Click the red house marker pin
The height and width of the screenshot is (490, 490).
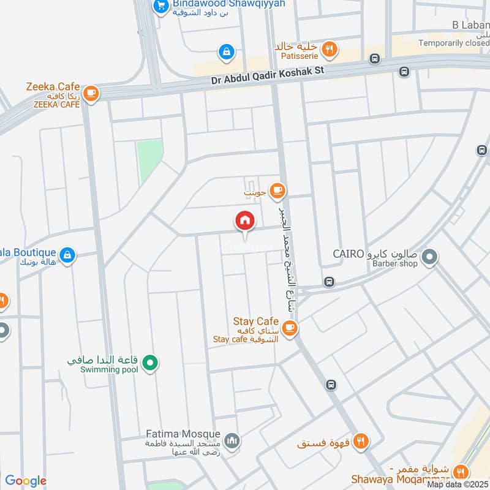[244, 221]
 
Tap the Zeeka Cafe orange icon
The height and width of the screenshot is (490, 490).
[91, 93]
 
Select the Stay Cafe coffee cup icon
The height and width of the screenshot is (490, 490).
[290, 328]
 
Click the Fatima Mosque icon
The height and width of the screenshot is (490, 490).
[232, 440]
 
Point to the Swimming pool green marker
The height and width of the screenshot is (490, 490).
[149, 365]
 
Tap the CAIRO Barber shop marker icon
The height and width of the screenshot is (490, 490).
[429, 258]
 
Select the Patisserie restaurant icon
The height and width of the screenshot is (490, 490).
[330, 49]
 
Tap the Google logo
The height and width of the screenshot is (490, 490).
[26, 481]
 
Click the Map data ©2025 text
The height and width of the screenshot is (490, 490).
[458, 484]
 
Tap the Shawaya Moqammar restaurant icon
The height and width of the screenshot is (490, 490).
[462, 470]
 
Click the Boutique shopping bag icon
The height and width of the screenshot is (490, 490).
[68, 255]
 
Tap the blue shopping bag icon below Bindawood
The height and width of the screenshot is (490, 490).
[227, 52]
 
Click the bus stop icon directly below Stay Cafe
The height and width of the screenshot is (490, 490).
[331, 385]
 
